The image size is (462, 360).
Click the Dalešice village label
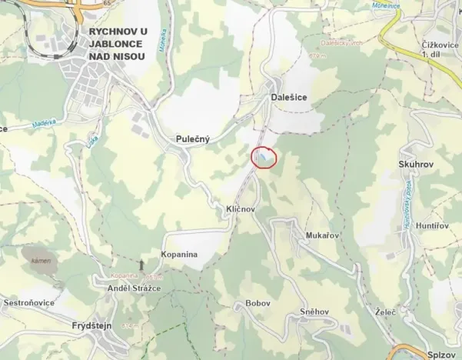tap(290, 98)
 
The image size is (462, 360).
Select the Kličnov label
tap(240, 209)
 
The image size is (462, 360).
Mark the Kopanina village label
tap(179, 254)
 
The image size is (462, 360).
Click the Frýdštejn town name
tap(87, 326)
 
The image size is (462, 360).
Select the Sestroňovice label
tap(29, 303)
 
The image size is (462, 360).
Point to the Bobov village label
tap(258, 304)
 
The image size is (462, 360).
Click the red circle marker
tap(264, 157)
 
